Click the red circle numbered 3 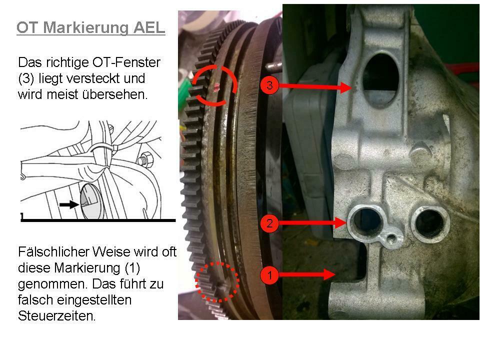point(269,85)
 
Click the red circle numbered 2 point(269,223)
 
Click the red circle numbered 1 point(269,274)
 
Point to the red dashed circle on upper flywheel point(214,85)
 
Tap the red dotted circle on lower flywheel point(217,281)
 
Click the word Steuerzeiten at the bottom point(56,316)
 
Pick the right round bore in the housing point(429,222)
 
